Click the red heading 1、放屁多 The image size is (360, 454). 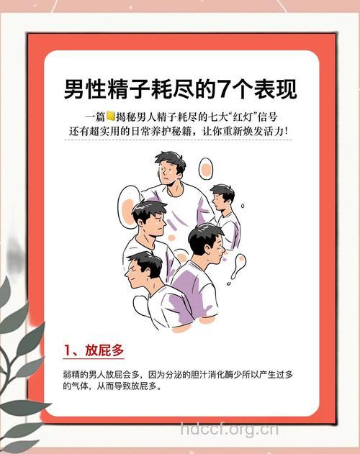tap(94, 350)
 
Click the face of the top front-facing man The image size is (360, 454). tap(168, 173)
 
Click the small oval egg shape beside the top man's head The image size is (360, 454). tap(205, 168)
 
